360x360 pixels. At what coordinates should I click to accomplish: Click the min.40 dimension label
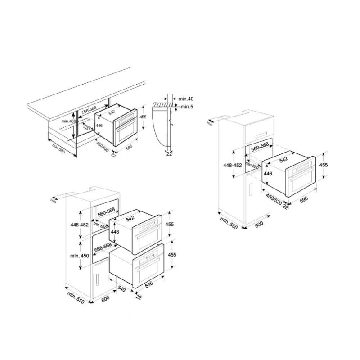[x=185, y=99]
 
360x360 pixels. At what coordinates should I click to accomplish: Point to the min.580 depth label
[x=59, y=149]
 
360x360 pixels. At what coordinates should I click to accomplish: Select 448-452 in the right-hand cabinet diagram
[x=233, y=165]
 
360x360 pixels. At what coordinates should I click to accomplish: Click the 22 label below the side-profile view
[x=169, y=154]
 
